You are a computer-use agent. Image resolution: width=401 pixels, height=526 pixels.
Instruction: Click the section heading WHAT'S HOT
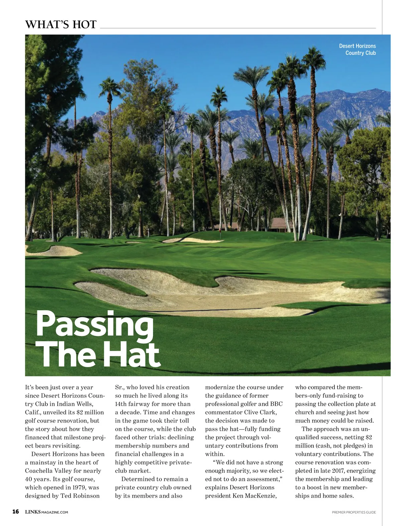[x=61, y=24]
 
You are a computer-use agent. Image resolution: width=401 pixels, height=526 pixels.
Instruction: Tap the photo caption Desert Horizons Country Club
[x=357, y=49]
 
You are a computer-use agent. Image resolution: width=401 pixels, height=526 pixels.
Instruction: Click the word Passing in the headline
[x=95, y=324]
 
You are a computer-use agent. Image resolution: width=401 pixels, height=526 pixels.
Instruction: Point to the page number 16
[x=15, y=512]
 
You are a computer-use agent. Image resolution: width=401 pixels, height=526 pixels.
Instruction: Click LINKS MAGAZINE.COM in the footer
[x=46, y=512]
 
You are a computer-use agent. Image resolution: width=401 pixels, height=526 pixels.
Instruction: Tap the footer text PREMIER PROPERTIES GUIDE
[x=354, y=512]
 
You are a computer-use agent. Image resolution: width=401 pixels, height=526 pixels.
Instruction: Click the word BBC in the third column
[x=276, y=404]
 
